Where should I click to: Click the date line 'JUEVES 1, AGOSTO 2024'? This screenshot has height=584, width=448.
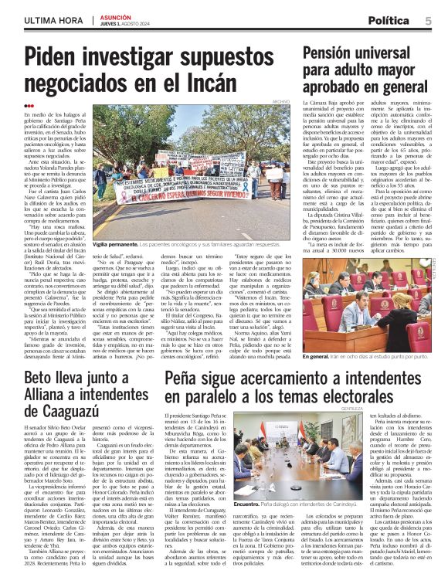tap(123, 24)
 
